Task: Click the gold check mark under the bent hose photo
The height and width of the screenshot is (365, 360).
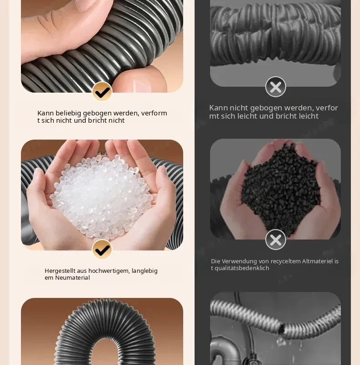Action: [x=102, y=91]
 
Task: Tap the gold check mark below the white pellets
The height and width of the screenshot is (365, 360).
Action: [x=102, y=249]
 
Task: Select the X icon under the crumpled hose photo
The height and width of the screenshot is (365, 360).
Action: [x=276, y=87]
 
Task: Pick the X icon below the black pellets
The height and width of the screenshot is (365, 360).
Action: [x=276, y=240]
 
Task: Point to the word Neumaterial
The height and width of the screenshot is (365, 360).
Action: [x=72, y=278]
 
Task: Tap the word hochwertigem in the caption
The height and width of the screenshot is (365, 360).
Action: [x=109, y=271]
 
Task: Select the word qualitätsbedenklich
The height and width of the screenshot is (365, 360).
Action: [x=242, y=268]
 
